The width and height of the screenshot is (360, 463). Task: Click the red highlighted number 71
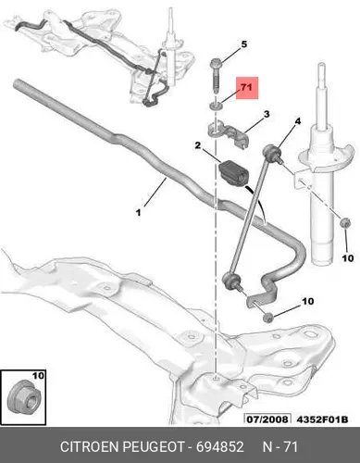point(246,88)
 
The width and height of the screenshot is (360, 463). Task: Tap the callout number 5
point(244,44)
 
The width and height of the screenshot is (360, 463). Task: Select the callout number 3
point(267,114)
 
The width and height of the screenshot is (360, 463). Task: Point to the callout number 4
point(297,121)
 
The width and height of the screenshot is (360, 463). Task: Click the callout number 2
point(198,145)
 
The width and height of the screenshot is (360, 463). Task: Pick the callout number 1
point(139,213)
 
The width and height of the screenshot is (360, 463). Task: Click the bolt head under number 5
point(215,64)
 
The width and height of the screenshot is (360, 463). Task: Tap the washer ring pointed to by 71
point(216,106)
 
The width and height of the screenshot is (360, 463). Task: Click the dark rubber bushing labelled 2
point(233,173)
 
